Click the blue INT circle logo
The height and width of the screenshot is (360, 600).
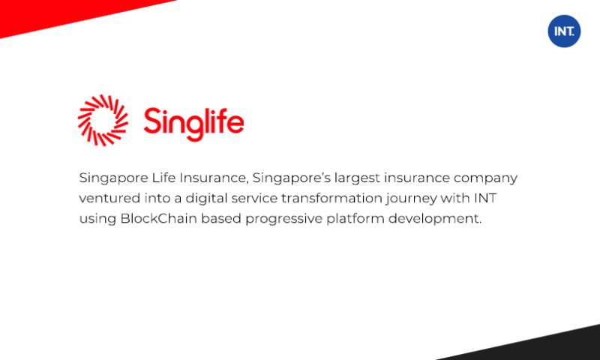click(564, 31)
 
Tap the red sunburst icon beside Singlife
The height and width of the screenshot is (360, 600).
click(103, 120)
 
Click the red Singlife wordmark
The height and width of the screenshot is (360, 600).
click(193, 121)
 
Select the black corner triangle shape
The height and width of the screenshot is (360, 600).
click(540, 345)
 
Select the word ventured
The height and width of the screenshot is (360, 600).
click(107, 199)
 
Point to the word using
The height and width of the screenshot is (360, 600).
click(96, 219)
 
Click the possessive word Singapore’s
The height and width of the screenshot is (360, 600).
click(287, 178)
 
